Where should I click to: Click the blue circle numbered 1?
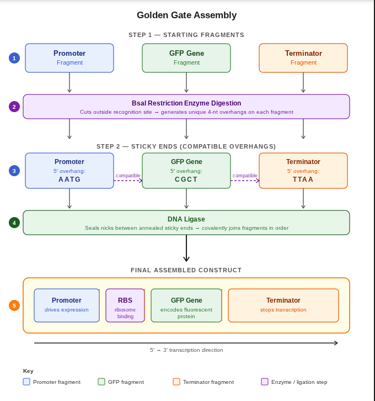[x=14, y=58]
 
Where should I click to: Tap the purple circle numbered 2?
[x=14, y=107]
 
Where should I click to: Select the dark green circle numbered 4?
[x=14, y=223]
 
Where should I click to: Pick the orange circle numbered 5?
[x=14, y=305]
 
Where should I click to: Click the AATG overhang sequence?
[x=69, y=180]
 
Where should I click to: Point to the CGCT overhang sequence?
[x=186, y=180]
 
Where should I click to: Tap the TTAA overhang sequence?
[x=303, y=180]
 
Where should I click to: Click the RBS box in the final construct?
[x=125, y=305]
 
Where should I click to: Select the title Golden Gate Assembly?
[x=186, y=15]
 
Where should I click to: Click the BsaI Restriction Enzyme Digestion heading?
[x=186, y=103]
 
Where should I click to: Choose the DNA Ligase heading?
[x=186, y=219]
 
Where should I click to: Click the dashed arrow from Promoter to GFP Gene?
[x=128, y=181]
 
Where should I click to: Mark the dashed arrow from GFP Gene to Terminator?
[x=245, y=181]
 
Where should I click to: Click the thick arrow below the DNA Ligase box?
[x=186, y=248]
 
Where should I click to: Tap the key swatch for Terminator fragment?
[x=176, y=382]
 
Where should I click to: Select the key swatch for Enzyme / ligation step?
[x=265, y=382]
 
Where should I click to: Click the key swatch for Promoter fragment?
[x=26, y=382]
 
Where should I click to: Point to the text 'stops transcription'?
[x=283, y=310]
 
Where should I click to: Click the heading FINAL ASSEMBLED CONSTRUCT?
[x=186, y=270]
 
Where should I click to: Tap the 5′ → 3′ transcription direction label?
[x=186, y=350]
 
